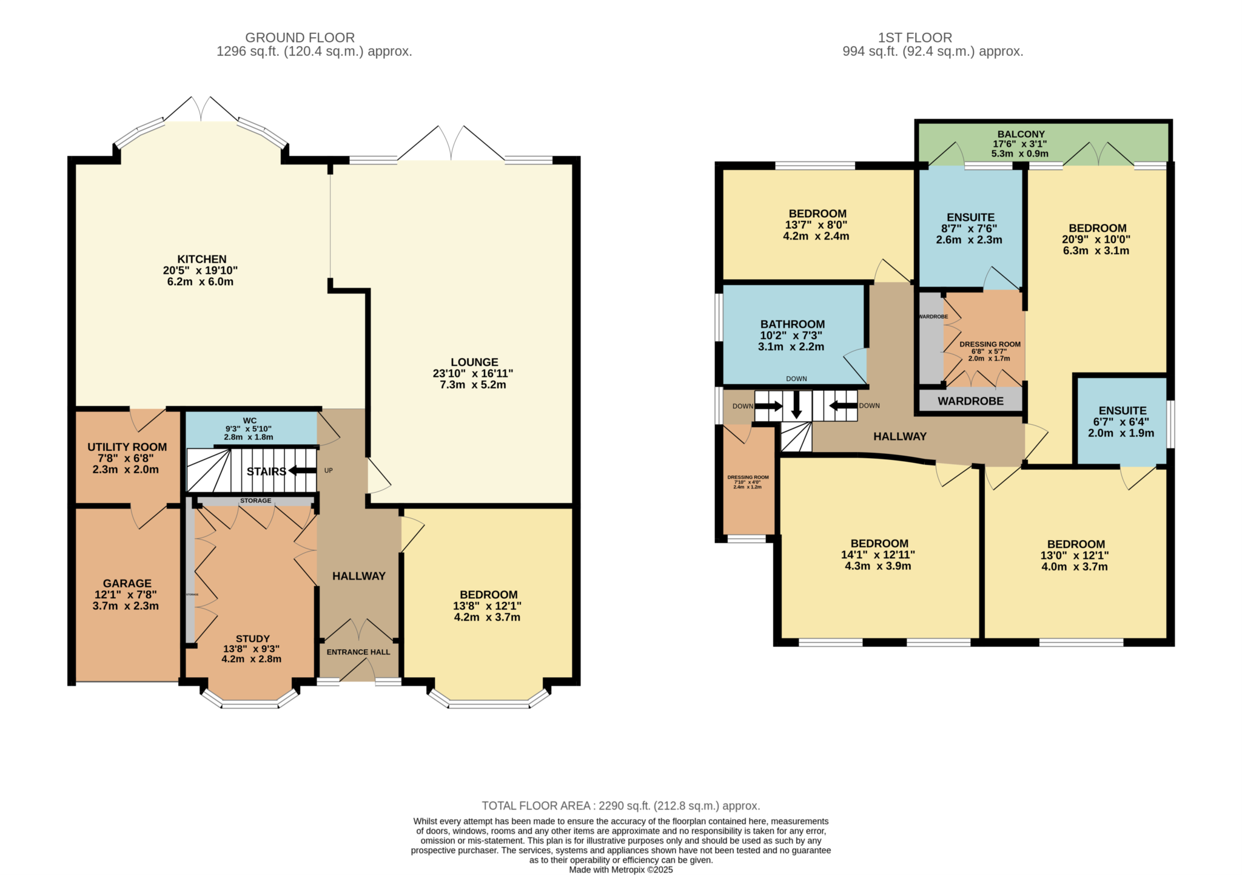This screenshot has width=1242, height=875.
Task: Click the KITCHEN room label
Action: tap(201, 259)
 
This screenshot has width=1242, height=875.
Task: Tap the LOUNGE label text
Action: tap(474, 362)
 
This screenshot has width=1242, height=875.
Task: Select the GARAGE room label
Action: tap(127, 583)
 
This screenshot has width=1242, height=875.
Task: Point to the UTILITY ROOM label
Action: tap(127, 447)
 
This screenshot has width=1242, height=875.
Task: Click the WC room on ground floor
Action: tap(249, 428)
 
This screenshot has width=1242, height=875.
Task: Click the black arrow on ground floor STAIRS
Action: tap(301, 471)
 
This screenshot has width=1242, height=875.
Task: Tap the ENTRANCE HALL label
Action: tap(358, 652)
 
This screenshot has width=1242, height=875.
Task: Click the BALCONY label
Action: tap(1021, 134)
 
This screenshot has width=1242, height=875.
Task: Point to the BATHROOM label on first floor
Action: tap(792, 324)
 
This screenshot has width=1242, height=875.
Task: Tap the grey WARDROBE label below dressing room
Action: tap(970, 401)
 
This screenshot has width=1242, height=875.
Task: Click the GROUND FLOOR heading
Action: tap(300, 38)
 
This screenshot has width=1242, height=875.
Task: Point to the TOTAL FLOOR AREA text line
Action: tap(620, 806)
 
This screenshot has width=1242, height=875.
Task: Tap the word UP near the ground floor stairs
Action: tap(328, 470)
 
